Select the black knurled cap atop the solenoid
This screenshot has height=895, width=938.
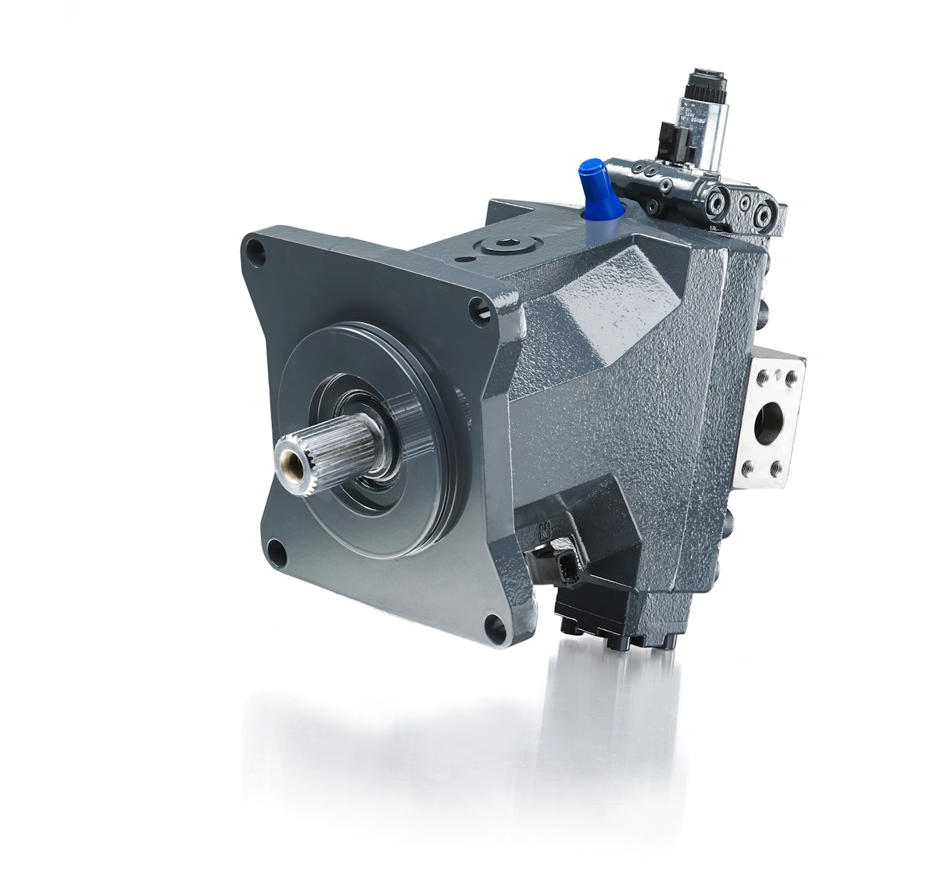(x=707, y=81)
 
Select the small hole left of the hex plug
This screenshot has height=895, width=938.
(x=467, y=259)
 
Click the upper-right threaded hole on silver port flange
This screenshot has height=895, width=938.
(x=790, y=378)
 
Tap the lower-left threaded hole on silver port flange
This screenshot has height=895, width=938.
(x=749, y=467)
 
